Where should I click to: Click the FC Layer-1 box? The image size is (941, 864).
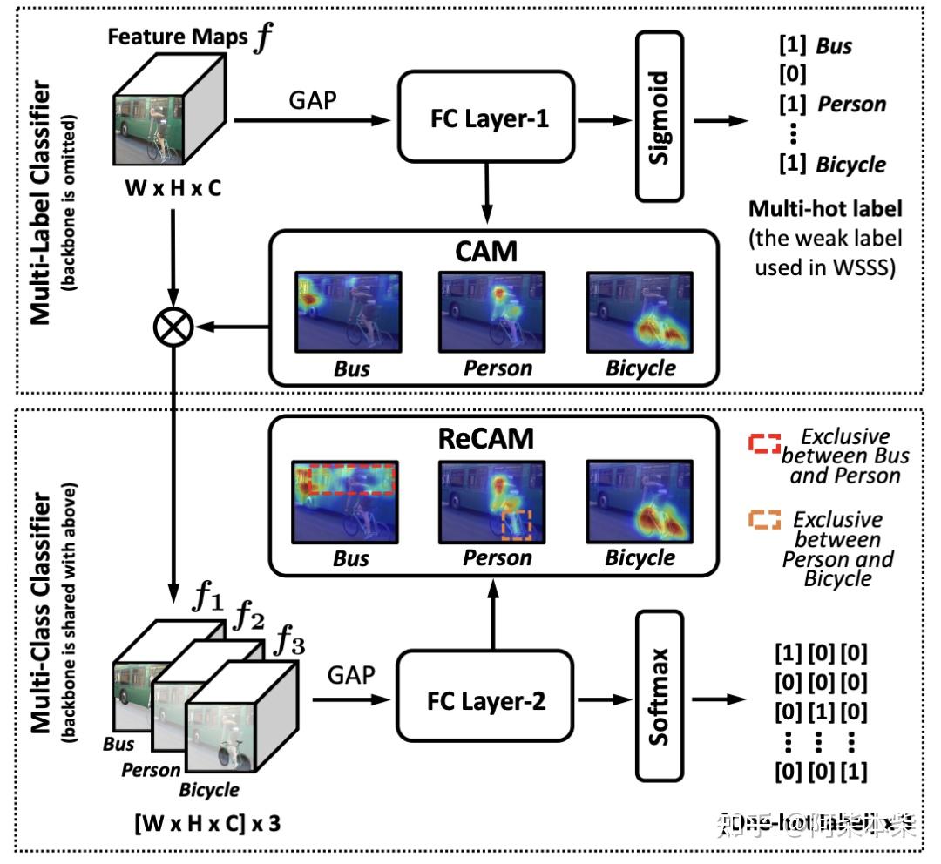pyautogui.click(x=486, y=118)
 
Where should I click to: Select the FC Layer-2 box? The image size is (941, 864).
pyautogui.click(x=484, y=700)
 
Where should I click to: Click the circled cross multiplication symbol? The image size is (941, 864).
pyautogui.click(x=173, y=327)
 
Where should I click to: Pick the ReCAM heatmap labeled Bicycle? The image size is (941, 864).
pyautogui.click(x=640, y=500)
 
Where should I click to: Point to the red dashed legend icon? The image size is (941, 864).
pyautogui.click(x=763, y=443)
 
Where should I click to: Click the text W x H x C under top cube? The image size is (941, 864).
pyautogui.click(x=173, y=187)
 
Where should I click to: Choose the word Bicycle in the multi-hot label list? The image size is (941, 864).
pyautogui.click(x=850, y=165)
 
